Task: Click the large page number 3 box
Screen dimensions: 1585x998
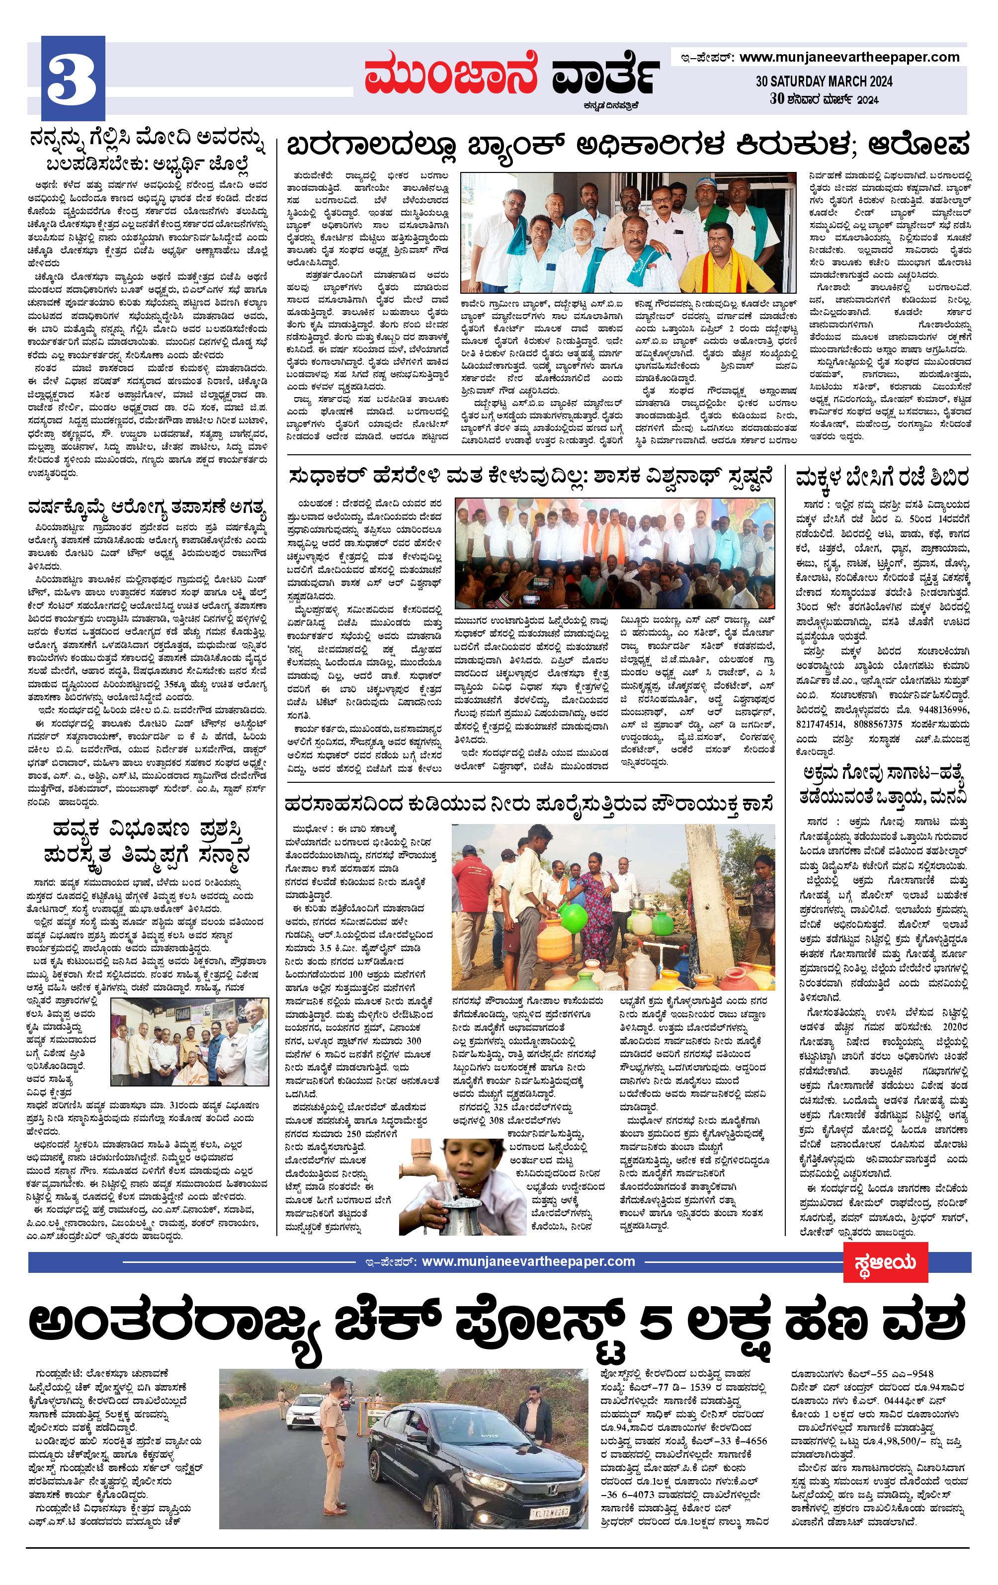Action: pyautogui.click(x=73, y=78)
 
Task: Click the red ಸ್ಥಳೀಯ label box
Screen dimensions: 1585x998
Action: pyautogui.click(x=886, y=1262)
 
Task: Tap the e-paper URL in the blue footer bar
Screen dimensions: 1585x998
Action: pyautogui.click(x=528, y=1262)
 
